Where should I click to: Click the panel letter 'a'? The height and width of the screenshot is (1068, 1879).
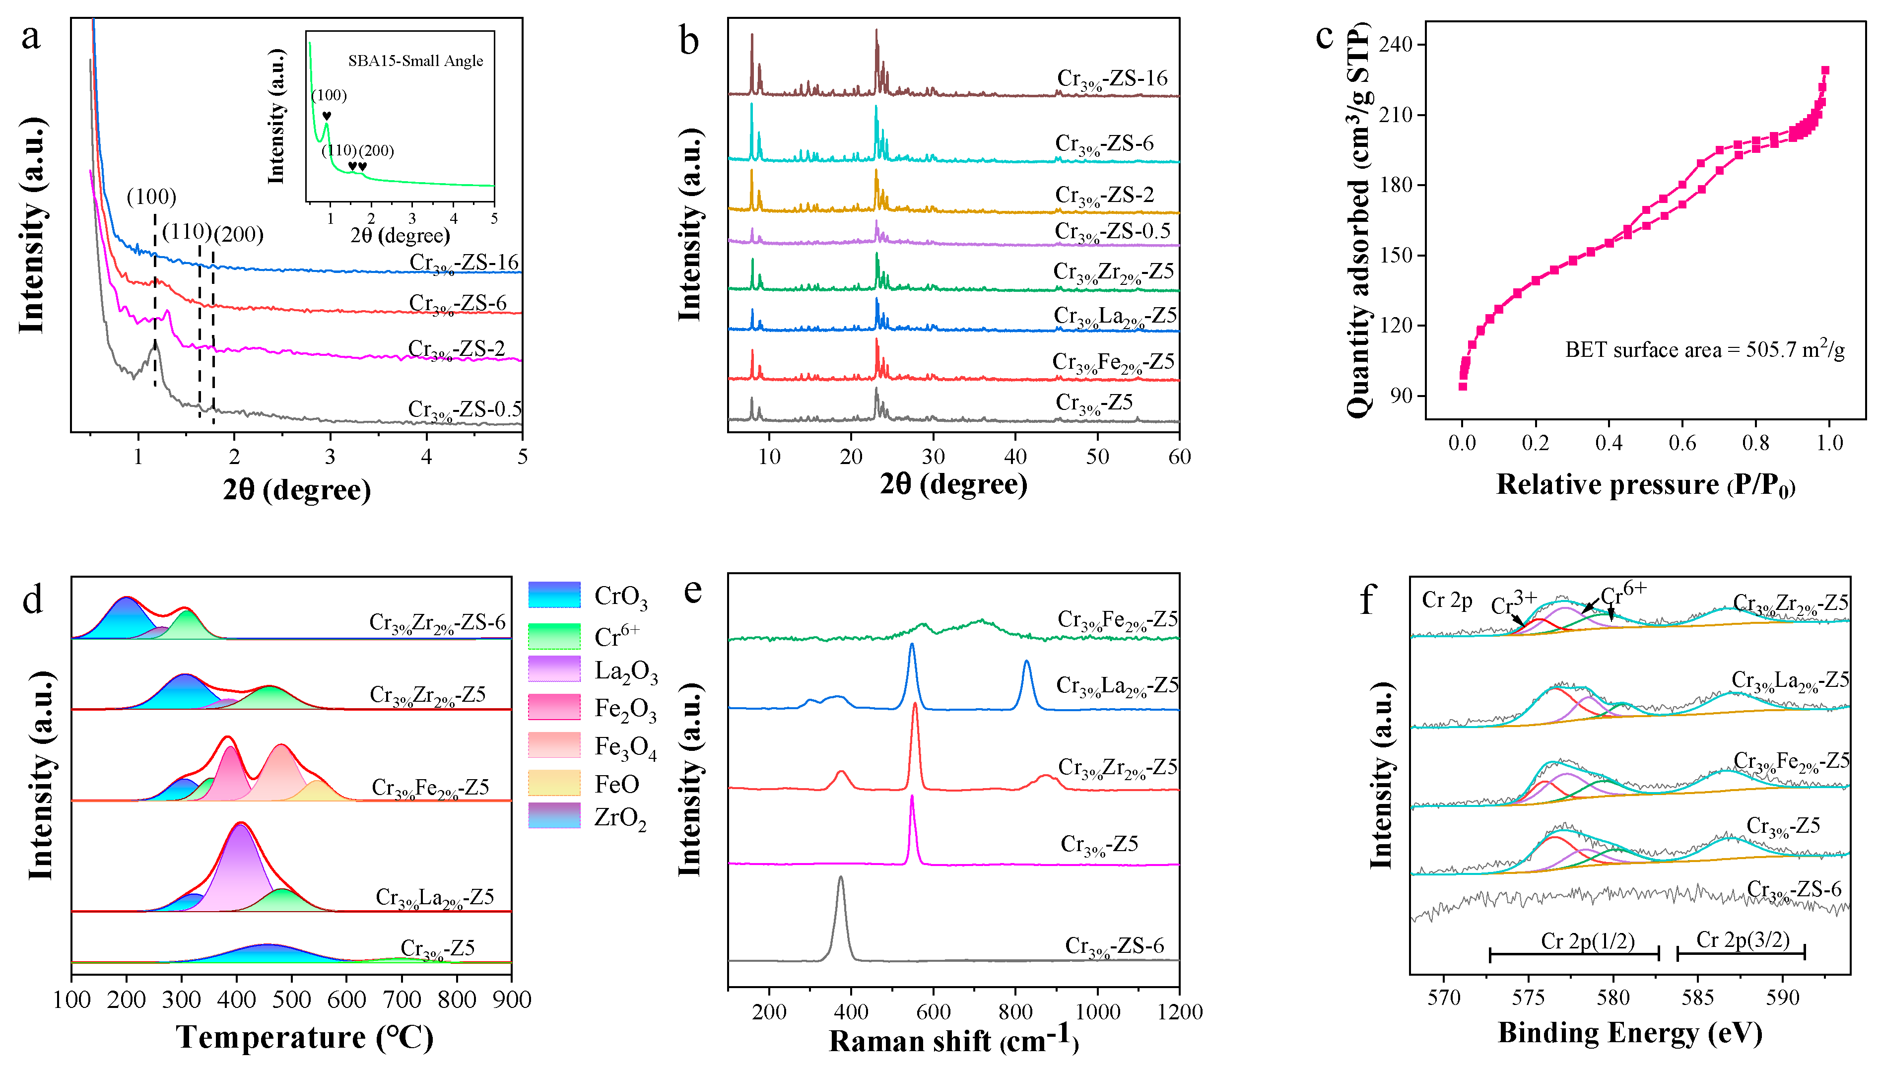coord(30,37)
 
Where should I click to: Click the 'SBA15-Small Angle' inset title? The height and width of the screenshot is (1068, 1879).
coord(415,61)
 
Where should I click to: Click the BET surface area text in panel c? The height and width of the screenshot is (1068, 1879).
coord(1704,350)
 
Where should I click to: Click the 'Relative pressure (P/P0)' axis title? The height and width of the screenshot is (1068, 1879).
coord(1645,485)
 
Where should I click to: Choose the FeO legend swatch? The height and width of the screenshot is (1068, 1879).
coord(554,783)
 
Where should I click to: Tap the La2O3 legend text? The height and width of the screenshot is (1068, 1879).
coord(626,672)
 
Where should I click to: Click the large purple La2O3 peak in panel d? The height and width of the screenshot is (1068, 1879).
coord(241,866)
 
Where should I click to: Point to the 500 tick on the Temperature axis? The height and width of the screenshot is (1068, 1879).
coord(292,1000)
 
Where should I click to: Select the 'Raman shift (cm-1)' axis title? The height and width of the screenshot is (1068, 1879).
coord(953,1041)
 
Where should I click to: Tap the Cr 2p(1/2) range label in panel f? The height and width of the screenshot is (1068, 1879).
coord(1587,941)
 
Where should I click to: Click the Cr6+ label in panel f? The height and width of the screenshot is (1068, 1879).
coord(1623,593)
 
